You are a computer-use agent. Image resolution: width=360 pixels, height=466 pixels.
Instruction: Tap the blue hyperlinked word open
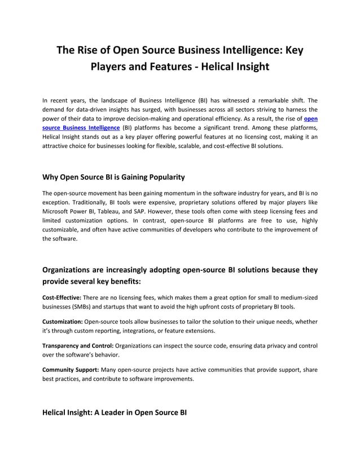click(310, 119)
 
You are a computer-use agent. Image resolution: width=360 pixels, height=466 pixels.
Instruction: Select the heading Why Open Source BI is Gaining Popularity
click(113, 177)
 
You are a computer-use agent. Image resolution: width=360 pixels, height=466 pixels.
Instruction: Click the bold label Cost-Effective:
click(62, 297)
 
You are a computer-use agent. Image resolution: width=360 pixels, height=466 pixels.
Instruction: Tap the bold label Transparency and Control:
click(78, 345)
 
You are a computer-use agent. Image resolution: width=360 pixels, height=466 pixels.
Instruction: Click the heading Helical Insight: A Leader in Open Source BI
click(115, 412)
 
